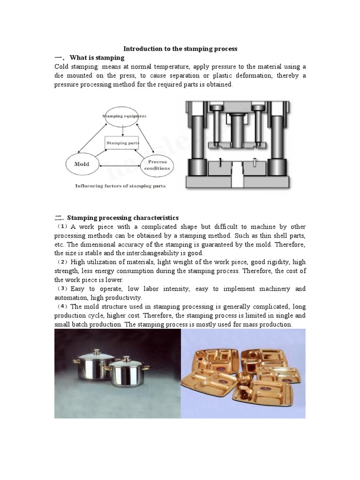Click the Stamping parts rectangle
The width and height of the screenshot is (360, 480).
coord(122,142)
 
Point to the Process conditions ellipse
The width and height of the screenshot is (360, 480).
coord(157,165)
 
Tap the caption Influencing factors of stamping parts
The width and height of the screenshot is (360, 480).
coord(120,186)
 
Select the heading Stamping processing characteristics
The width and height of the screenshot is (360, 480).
coord(123,217)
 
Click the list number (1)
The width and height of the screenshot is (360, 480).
coord(63,226)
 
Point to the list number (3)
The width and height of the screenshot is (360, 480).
coord(63,289)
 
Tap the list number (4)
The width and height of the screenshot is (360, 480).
coord(63,307)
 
